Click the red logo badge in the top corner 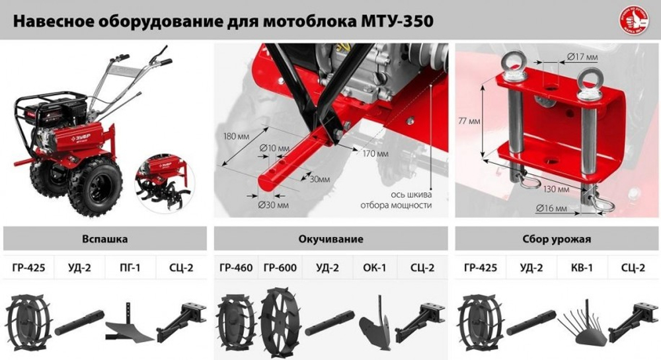633,19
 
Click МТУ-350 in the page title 397,21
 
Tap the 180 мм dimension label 235,137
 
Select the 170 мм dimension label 375,153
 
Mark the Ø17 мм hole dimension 582,57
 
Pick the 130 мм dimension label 557,189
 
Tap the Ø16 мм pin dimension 552,209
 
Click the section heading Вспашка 105,239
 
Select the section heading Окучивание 330,239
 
